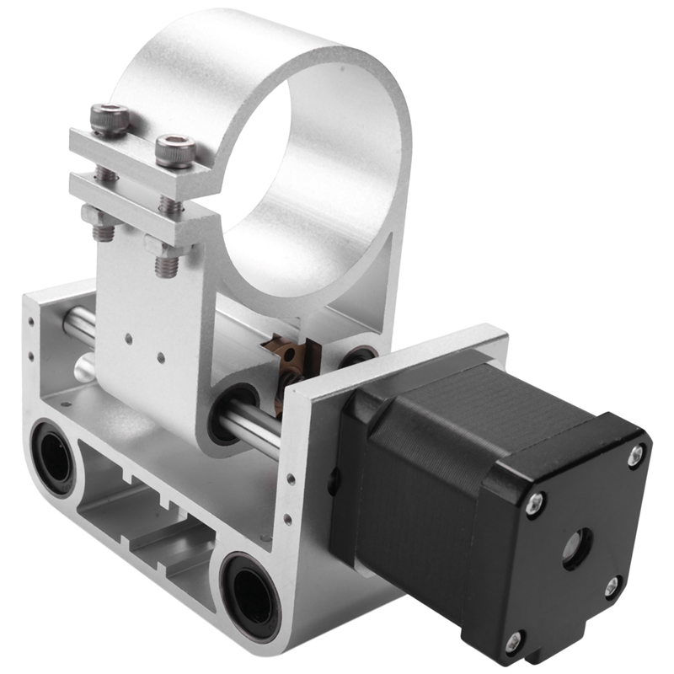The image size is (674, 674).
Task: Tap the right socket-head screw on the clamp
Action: [x=175, y=151]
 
